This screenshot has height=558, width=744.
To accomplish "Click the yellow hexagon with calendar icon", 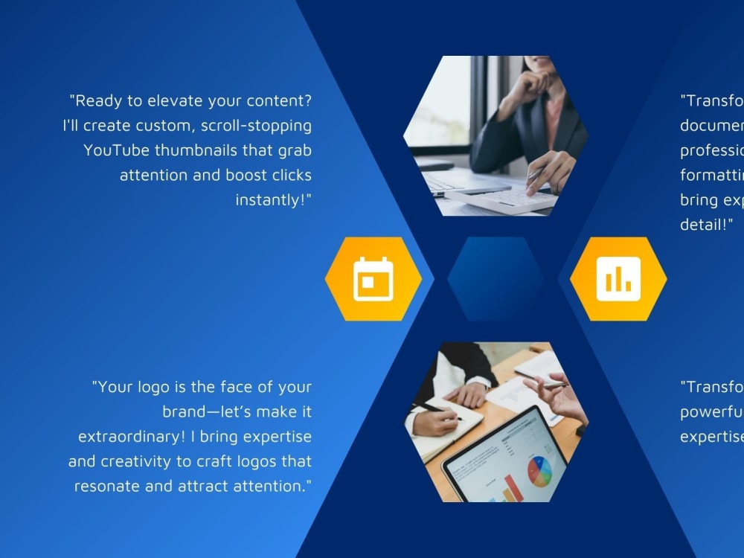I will pos(373,279).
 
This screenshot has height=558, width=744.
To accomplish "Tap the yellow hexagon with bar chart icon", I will pos(618,279).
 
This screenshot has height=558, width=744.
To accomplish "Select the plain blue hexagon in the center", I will pos(496,279).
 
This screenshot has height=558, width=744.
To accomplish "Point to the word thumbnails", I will pos(196,150).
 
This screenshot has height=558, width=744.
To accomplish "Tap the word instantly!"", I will pos(273,200).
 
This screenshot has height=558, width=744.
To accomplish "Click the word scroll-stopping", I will pos(256,125).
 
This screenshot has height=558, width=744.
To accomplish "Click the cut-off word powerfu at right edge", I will pos(711,411).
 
